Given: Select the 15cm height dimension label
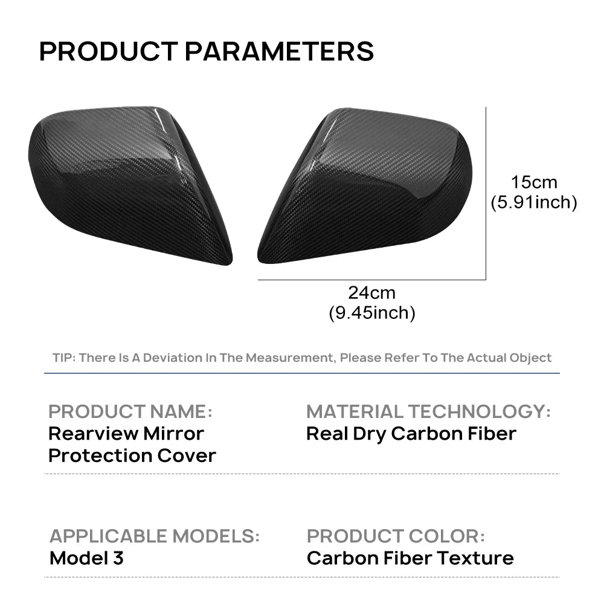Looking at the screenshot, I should [533, 181].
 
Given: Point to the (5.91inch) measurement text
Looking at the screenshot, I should [533, 202].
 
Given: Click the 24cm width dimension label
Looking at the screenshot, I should [371, 293].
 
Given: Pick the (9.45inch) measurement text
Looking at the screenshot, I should [371, 313].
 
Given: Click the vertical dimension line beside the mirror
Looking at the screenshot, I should [486, 193].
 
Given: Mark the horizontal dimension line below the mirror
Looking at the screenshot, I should [371, 280].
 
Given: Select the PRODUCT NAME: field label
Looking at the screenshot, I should [130, 412].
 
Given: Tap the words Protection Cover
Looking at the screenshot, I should [132, 455].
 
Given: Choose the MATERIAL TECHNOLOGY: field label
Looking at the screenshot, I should [428, 412].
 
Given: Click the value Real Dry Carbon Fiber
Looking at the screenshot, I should [411, 434].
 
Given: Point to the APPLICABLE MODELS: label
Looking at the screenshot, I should [154, 536].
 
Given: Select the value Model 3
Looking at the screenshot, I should [86, 557].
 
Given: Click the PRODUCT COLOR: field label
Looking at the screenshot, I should [396, 536].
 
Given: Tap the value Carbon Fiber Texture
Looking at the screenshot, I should [410, 557].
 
